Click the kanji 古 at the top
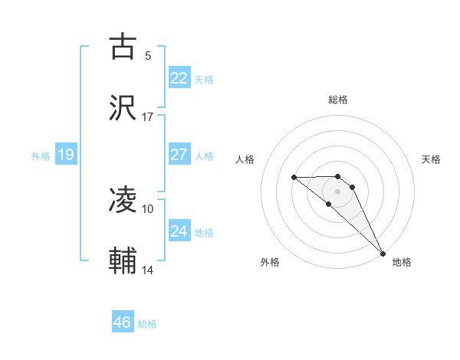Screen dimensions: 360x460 (x=123, y=47)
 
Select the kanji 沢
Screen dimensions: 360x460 (x=123, y=108)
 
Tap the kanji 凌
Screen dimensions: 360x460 (x=123, y=201)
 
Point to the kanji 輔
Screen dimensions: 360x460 (x=123, y=261)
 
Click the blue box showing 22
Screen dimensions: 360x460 (x=179, y=78)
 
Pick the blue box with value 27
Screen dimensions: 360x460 (x=179, y=155)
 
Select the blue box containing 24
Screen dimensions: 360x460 (x=179, y=231)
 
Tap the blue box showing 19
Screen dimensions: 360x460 (x=66, y=155)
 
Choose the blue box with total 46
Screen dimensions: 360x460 (x=123, y=322)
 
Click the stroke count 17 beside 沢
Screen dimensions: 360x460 (x=148, y=117)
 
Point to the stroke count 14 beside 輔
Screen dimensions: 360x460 (x=148, y=270)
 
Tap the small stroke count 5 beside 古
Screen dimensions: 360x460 (x=148, y=56)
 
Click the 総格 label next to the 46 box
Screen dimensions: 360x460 (x=147, y=324)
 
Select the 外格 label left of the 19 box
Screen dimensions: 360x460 (x=41, y=156)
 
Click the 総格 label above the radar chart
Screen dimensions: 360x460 (x=338, y=100)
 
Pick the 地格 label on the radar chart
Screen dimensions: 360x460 (x=402, y=262)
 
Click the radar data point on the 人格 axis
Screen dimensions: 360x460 (x=294, y=178)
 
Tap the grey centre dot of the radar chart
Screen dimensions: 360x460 (x=338, y=191)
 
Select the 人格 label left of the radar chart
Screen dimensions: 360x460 (x=245, y=159)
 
